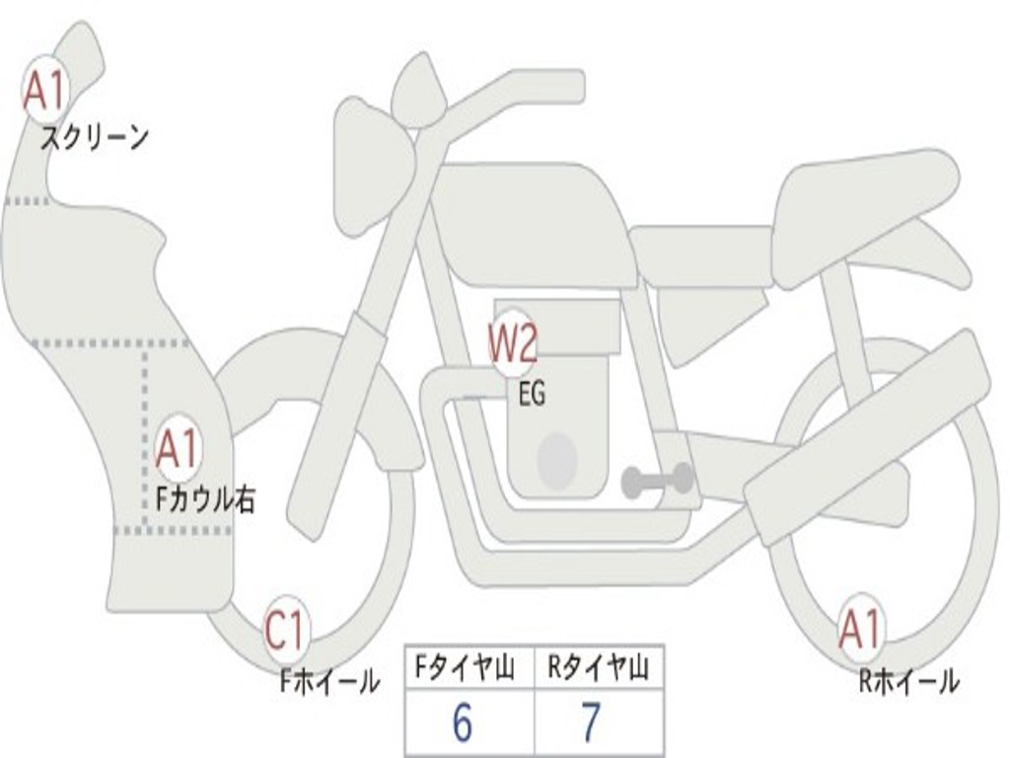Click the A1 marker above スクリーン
point(45,90)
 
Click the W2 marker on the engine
point(513,343)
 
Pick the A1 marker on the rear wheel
point(860,630)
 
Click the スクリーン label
point(95,138)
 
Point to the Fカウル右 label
point(207,498)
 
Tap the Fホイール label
point(329,681)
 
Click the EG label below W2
point(532,394)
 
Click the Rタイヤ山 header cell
point(599,667)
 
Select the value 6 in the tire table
point(463,722)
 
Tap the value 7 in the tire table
point(591,721)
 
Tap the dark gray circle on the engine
point(557,461)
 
